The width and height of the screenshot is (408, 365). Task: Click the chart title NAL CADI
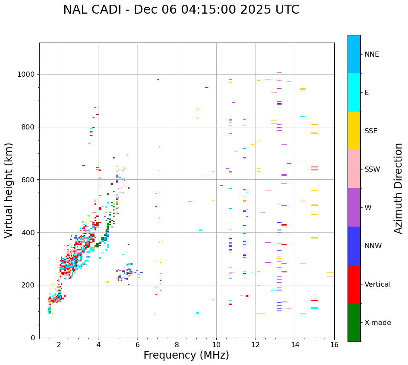[x=181, y=10]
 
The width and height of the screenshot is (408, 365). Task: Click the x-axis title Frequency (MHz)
[x=186, y=355]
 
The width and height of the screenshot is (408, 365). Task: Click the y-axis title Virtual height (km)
[x=9, y=190]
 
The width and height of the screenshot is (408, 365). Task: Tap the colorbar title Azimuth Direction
[x=398, y=188]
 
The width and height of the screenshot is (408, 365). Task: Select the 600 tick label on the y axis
[x=28, y=180]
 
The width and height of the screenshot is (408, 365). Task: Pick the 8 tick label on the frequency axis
[x=177, y=345]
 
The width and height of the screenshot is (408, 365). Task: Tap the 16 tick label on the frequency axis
[x=334, y=345]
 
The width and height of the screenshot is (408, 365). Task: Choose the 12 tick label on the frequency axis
[x=256, y=345]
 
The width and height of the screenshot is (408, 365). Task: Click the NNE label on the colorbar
[x=371, y=55]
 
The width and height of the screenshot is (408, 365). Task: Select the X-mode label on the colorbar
[x=377, y=323]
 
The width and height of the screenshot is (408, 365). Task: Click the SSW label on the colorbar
[x=372, y=170]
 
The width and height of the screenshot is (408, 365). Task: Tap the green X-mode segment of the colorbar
[x=354, y=322]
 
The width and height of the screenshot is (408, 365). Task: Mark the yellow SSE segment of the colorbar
[x=354, y=131]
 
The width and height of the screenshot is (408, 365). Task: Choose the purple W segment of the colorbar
[x=354, y=207]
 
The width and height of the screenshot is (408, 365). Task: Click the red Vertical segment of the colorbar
[x=354, y=284]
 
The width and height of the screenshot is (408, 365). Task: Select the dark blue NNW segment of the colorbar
[x=354, y=246]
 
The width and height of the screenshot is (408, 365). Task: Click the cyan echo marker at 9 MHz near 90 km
[x=198, y=313]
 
